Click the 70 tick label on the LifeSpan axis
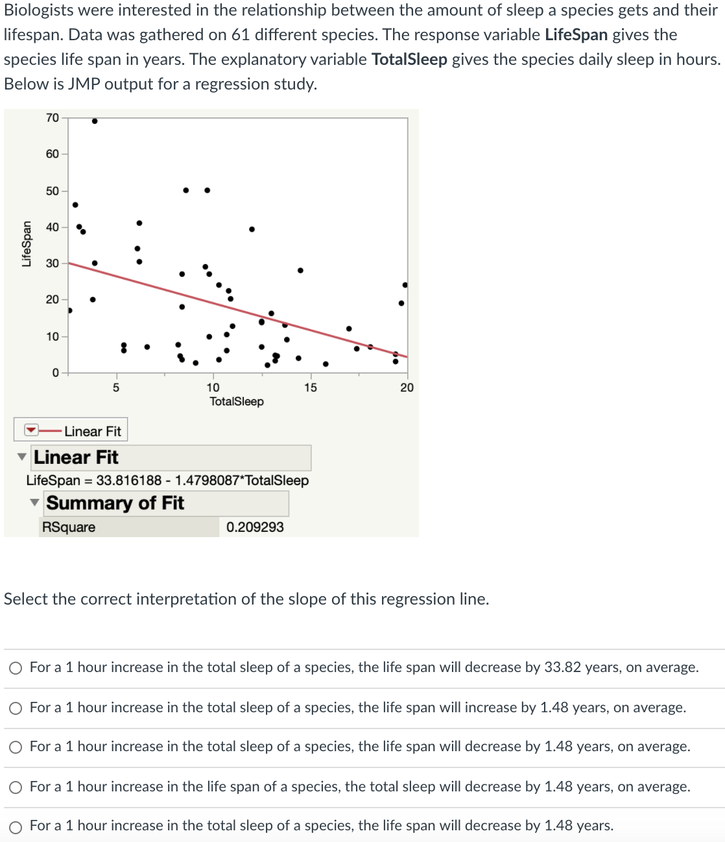[52, 118]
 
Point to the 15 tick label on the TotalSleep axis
[311, 388]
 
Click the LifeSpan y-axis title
[27, 244]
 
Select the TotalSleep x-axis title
[237, 402]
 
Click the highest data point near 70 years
[95, 121]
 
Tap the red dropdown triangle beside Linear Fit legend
[31, 431]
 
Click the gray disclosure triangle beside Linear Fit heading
[23, 457]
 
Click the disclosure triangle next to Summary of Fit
[35, 503]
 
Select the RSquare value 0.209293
[255, 527]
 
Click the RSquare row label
[69, 527]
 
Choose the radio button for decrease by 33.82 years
[16, 668]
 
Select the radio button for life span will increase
[16, 708]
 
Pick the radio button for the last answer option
[16, 827]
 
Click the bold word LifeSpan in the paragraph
[576, 35]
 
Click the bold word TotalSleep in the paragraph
[409, 60]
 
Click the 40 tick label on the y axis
[52, 227]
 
